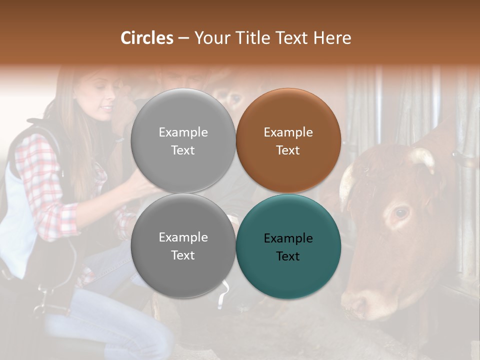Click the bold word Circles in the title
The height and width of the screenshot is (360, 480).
click(147, 38)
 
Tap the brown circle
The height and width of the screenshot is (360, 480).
click(288, 141)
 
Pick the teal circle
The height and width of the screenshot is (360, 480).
click(288, 246)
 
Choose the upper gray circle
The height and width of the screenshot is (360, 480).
click(183, 141)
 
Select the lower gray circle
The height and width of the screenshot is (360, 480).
click(183, 246)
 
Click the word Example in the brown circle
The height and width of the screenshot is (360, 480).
click(288, 132)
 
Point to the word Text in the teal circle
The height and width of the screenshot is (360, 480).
click(288, 256)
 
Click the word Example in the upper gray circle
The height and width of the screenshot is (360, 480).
click(183, 132)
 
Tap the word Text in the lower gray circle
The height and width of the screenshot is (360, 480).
click(183, 255)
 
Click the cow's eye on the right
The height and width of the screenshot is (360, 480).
click(401, 212)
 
